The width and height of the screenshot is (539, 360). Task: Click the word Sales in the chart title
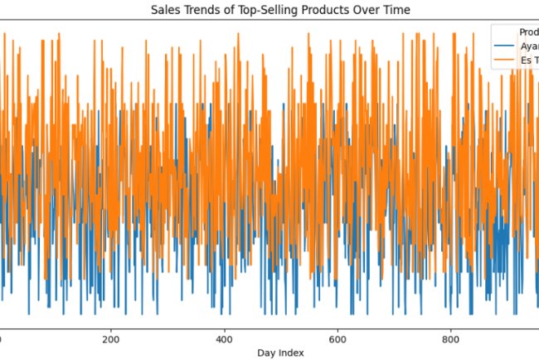pyautogui.click(x=164, y=10)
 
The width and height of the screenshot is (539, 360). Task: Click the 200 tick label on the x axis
pyautogui.click(x=110, y=339)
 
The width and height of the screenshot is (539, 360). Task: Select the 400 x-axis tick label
pyautogui.click(x=224, y=339)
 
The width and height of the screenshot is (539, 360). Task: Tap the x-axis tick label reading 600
pyautogui.click(x=337, y=339)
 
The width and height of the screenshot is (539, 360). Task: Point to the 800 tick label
pyautogui.click(x=450, y=339)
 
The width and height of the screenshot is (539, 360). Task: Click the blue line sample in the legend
pyautogui.click(x=503, y=46)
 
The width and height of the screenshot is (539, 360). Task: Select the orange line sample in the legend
pyautogui.click(x=503, y=61)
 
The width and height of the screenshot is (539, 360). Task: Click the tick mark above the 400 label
pyautogui.click(x=224, y=328)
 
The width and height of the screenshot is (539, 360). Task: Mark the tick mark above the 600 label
pyautogui.click(x=337, y=328)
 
